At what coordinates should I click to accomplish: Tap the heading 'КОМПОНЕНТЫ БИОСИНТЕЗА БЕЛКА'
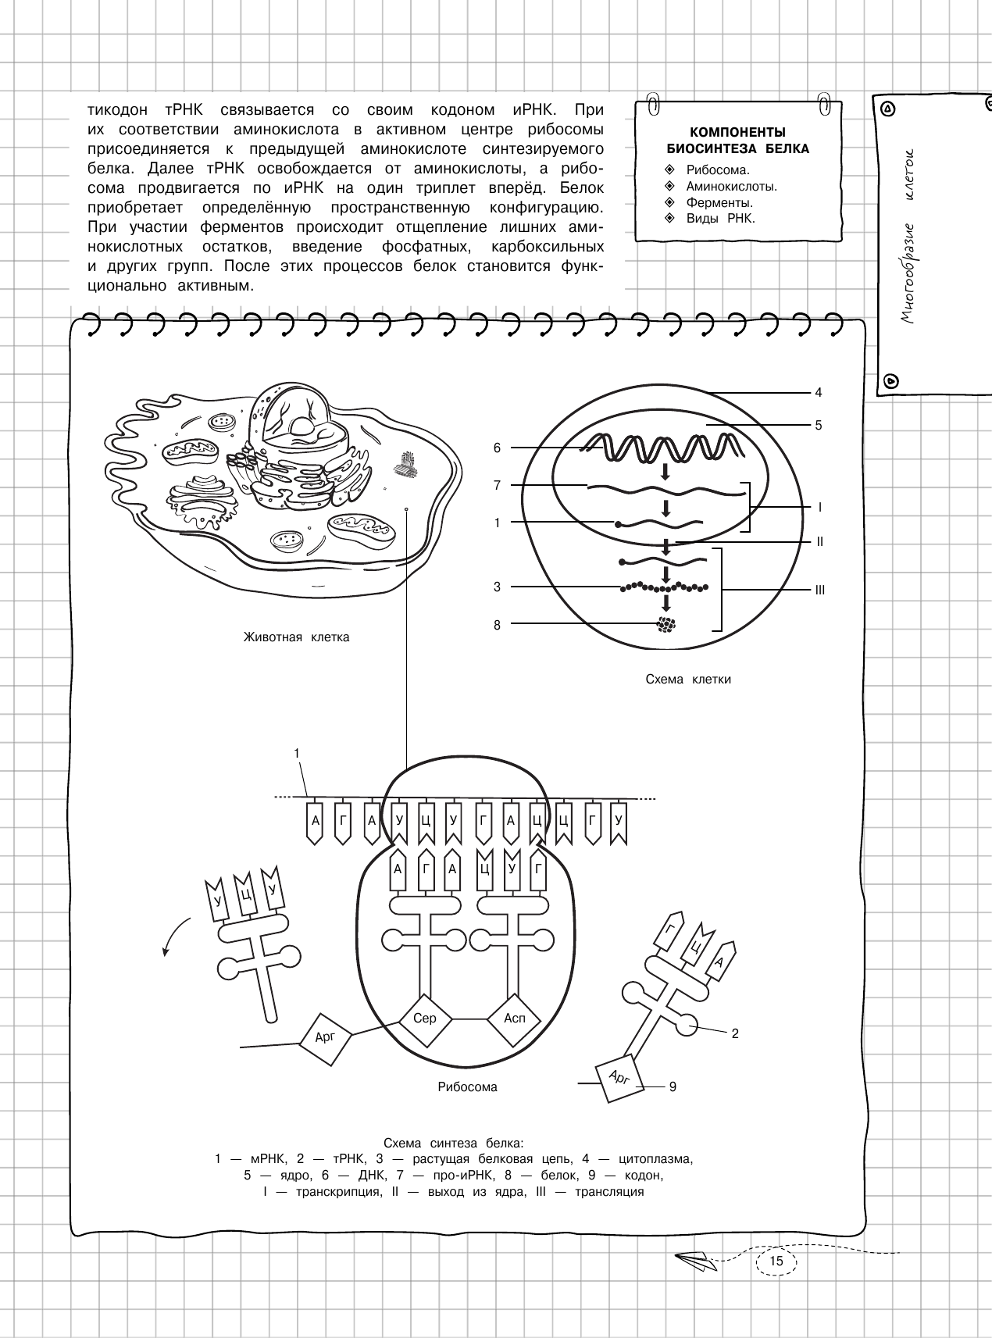pos(737,141)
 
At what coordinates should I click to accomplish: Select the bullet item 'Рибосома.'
pos(718,169)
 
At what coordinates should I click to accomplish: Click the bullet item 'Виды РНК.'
pos(720,219)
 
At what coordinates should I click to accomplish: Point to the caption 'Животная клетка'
pos(297,637)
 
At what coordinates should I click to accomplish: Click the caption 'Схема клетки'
pos(688,679)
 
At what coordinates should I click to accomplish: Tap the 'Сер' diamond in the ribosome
pos(424,1019)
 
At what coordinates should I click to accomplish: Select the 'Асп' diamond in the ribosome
pos(515,1019)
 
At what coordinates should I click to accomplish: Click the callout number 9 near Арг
pos(673,1086)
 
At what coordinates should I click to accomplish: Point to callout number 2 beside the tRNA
pos(735,1033)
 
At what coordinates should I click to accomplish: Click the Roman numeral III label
pos(820,591)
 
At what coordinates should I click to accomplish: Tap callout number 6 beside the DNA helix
pos(497,448)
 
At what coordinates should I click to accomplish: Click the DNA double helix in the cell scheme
pos(664,448)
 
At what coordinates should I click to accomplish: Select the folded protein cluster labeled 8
pos(666,624)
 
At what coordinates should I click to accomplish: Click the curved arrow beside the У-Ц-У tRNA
pos(176,933)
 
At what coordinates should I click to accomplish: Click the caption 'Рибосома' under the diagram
pos(467,1086)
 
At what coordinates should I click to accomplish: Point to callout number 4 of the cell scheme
pos(819,392)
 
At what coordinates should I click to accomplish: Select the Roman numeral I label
pos(819,507)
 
